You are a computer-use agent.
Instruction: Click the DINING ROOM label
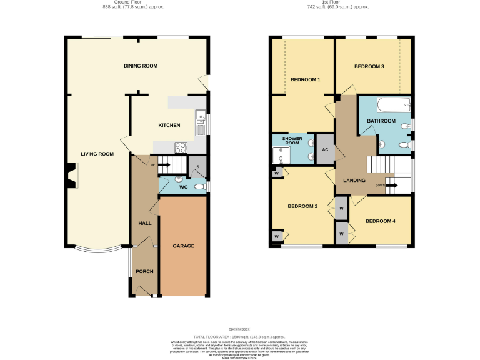pos(140,66)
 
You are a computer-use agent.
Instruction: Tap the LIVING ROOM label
pos(97,154)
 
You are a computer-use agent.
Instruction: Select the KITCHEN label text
pos(169,126)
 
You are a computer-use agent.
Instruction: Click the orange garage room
pos(183,246)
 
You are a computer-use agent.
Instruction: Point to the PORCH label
pos(144,271)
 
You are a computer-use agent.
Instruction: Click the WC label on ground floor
pos(183,186)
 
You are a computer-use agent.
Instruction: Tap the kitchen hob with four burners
pos(180,148)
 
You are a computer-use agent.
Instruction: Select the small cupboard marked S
pos(197,167)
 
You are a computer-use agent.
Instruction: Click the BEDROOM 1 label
pos(306,79)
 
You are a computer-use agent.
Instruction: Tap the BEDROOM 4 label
pos(381,221)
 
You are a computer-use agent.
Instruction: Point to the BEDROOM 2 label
pos(303,206)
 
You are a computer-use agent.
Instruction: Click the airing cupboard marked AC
pos(325,149)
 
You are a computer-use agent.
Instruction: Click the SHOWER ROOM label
pos(292,141)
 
